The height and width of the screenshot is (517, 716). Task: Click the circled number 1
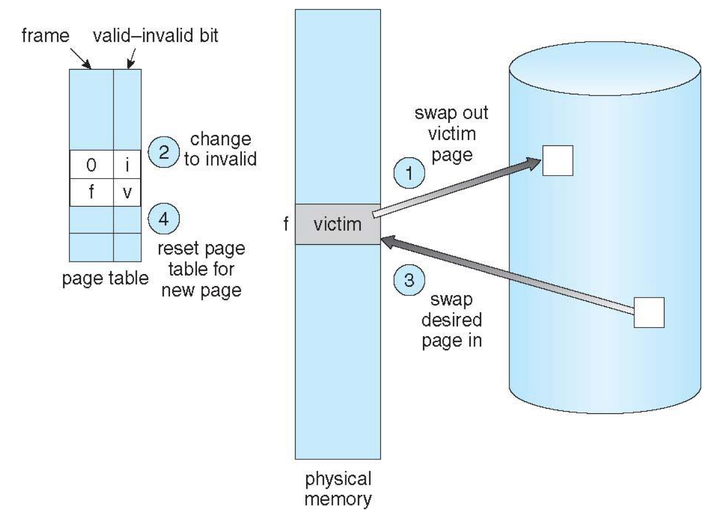pos(409,173)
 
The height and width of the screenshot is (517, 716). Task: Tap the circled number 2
pos(163,152)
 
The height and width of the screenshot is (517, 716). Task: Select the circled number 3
pos(409,280)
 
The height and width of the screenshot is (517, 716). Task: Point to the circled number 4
pos(163,219)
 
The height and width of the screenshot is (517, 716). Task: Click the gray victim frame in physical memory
pos(338,224)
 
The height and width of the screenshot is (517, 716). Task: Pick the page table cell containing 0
pos(92,165)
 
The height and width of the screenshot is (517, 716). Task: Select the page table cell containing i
pos(127,165)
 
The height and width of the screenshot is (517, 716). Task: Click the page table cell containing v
pos(127,192)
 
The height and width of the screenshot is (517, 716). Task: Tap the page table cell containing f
pos(92,192)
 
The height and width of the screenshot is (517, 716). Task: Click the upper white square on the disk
pos(557,161)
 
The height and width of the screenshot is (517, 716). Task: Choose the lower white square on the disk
pos(649,312)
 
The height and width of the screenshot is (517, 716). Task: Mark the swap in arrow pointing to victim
pos(507,274)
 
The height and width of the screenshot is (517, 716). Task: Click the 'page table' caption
pos(105,278)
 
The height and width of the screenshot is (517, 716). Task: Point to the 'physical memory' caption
pos(338,489)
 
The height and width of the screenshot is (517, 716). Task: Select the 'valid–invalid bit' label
pos(155,36)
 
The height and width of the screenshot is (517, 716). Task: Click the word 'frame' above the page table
pos(45,36)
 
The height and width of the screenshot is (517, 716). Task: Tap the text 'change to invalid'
pos(220,149)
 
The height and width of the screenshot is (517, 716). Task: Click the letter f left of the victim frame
pos(286,224)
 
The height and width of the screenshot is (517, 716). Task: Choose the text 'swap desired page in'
pos(451,320)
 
